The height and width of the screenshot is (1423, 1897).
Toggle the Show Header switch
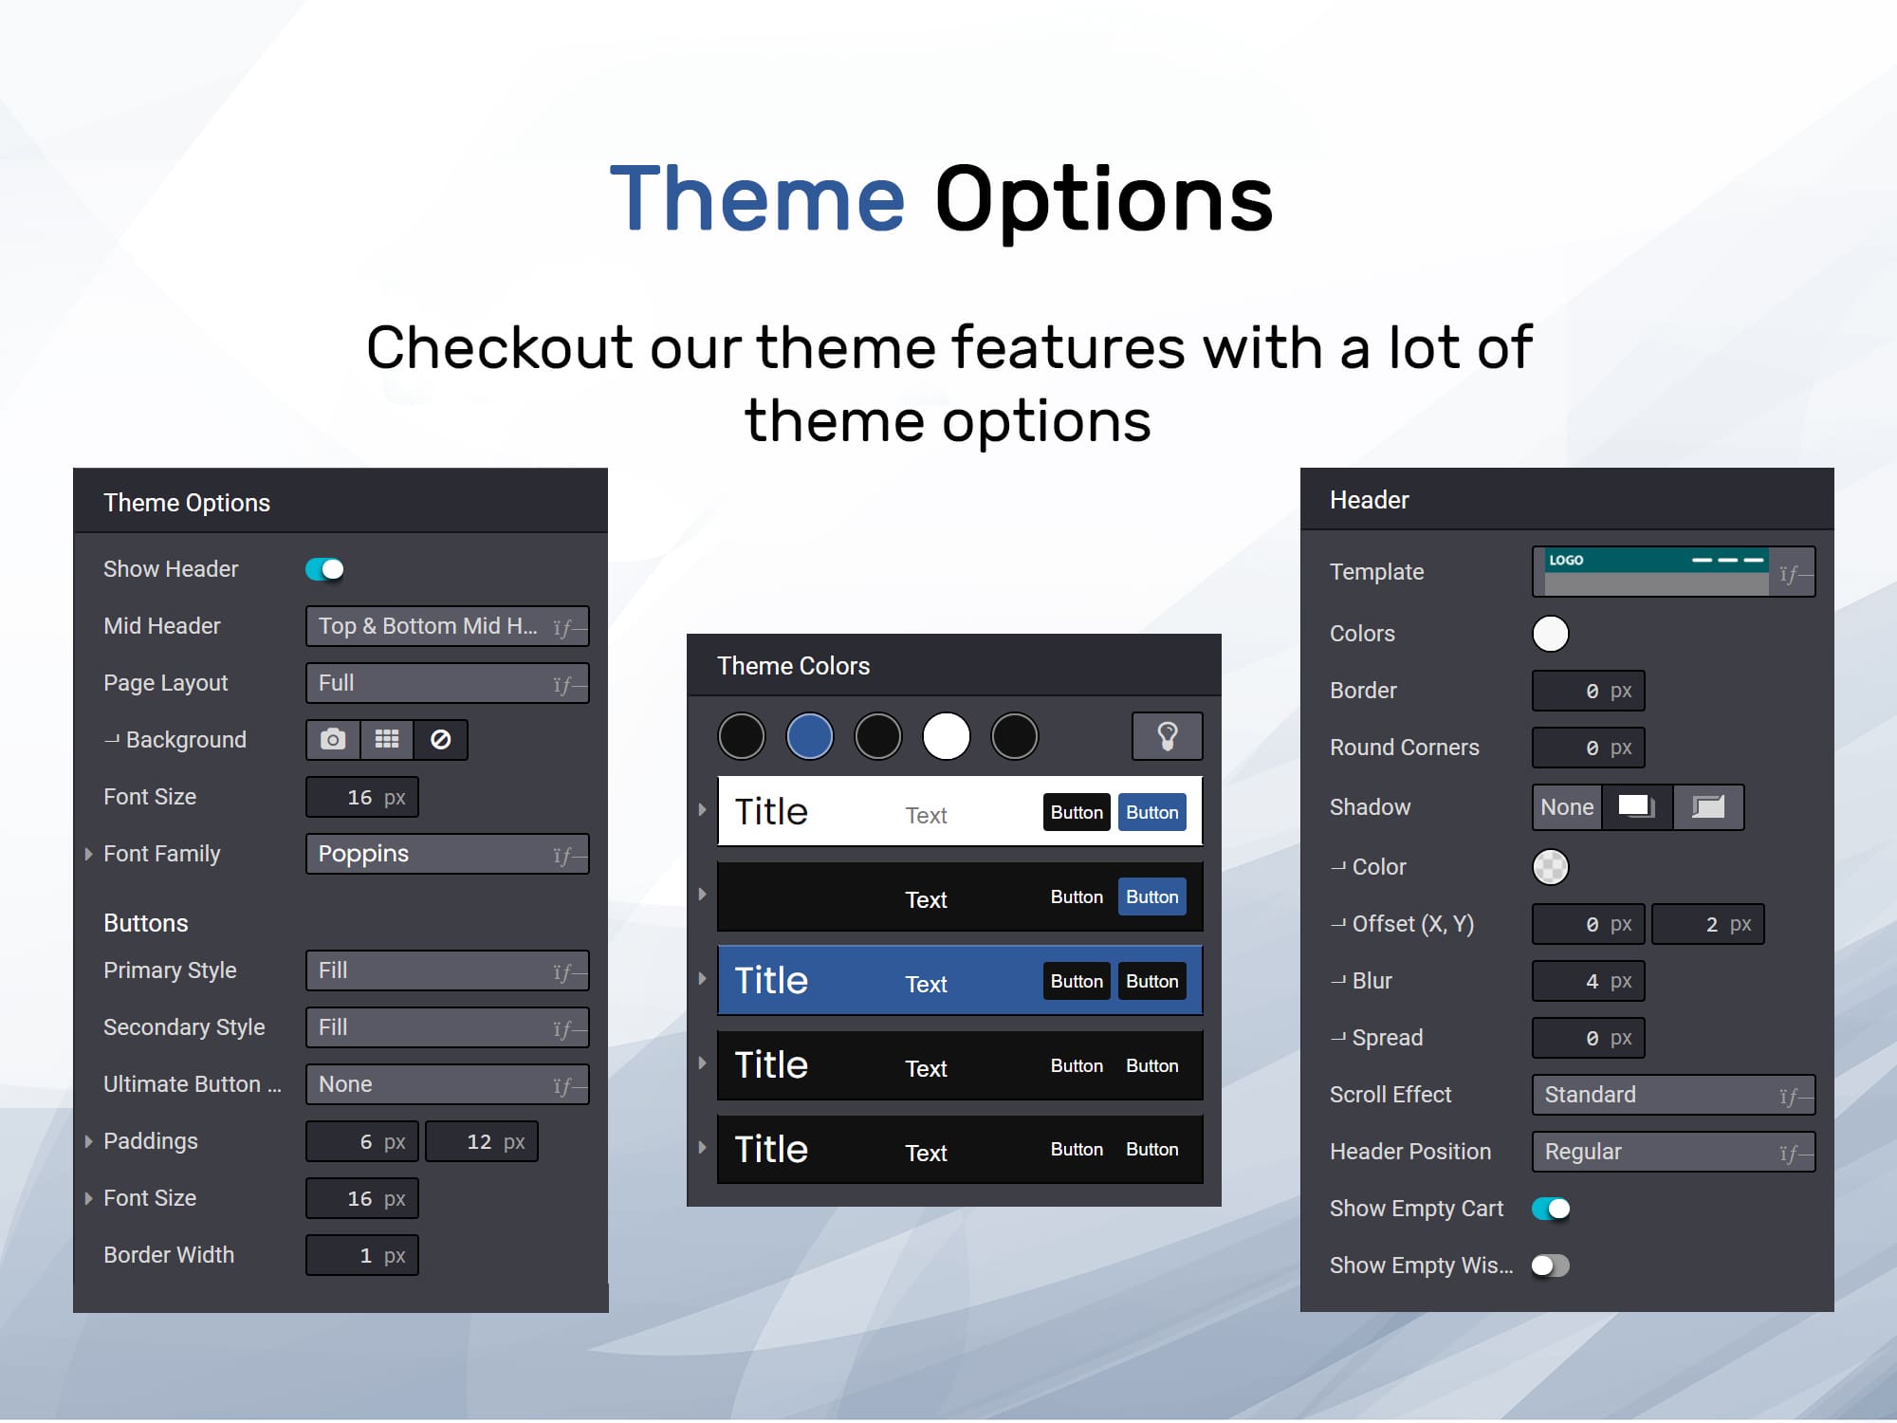pos(324,569)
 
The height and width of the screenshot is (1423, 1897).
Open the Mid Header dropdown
pos(448,626)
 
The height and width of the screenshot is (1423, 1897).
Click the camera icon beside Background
pos(333,740)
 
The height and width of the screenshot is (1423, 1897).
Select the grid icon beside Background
pos(387,740)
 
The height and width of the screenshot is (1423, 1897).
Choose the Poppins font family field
pos(448,854)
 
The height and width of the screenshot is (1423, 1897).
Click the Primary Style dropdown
pos(448,970)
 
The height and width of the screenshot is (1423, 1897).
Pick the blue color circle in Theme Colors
pos(810,736)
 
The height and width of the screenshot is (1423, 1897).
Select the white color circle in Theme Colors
pos(947,736)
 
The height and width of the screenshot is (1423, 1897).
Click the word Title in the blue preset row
pos(771,980)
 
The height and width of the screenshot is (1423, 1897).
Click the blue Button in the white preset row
pos(1152,812)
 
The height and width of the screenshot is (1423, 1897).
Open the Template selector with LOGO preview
pos(1674,572)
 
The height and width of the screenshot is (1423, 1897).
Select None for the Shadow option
pos(1567,807)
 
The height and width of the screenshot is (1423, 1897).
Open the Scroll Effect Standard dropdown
pos(1674,1095)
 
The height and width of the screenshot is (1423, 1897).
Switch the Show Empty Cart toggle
pos(1551,1209)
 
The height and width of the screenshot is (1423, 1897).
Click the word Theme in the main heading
pos(758,199)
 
